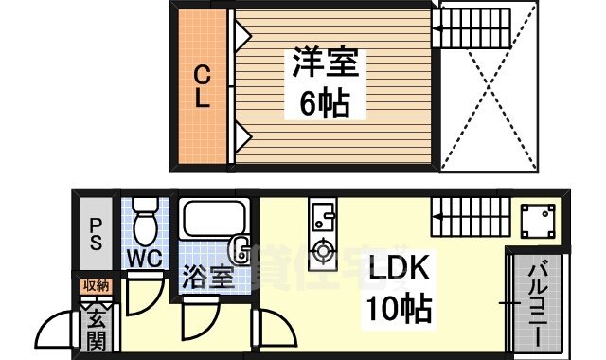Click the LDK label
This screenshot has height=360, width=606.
(x=398, y=269)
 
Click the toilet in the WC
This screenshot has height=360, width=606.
(x=144, y=223)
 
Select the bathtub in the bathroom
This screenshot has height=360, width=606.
(x=213, y=220)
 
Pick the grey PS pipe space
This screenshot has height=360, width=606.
(x=97, y=232)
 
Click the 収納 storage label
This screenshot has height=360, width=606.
(x=96, y=285)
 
